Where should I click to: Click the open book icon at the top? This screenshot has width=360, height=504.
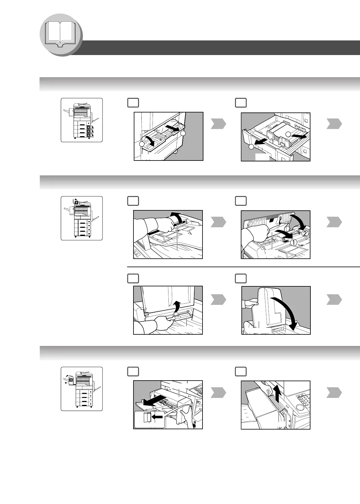click(61, 34)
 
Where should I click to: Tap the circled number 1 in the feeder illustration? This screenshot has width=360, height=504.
click(293, 243)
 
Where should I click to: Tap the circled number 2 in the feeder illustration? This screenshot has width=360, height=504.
click(305, 233)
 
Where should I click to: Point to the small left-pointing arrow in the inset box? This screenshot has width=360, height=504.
click(157, 417)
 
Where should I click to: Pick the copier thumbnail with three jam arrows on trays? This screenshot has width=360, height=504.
click(81, 120)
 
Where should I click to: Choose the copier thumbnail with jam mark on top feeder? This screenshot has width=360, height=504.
click(81, 218)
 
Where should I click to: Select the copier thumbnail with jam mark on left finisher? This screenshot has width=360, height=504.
click(81, 389)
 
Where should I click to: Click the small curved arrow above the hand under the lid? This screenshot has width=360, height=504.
click(177, 309)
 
